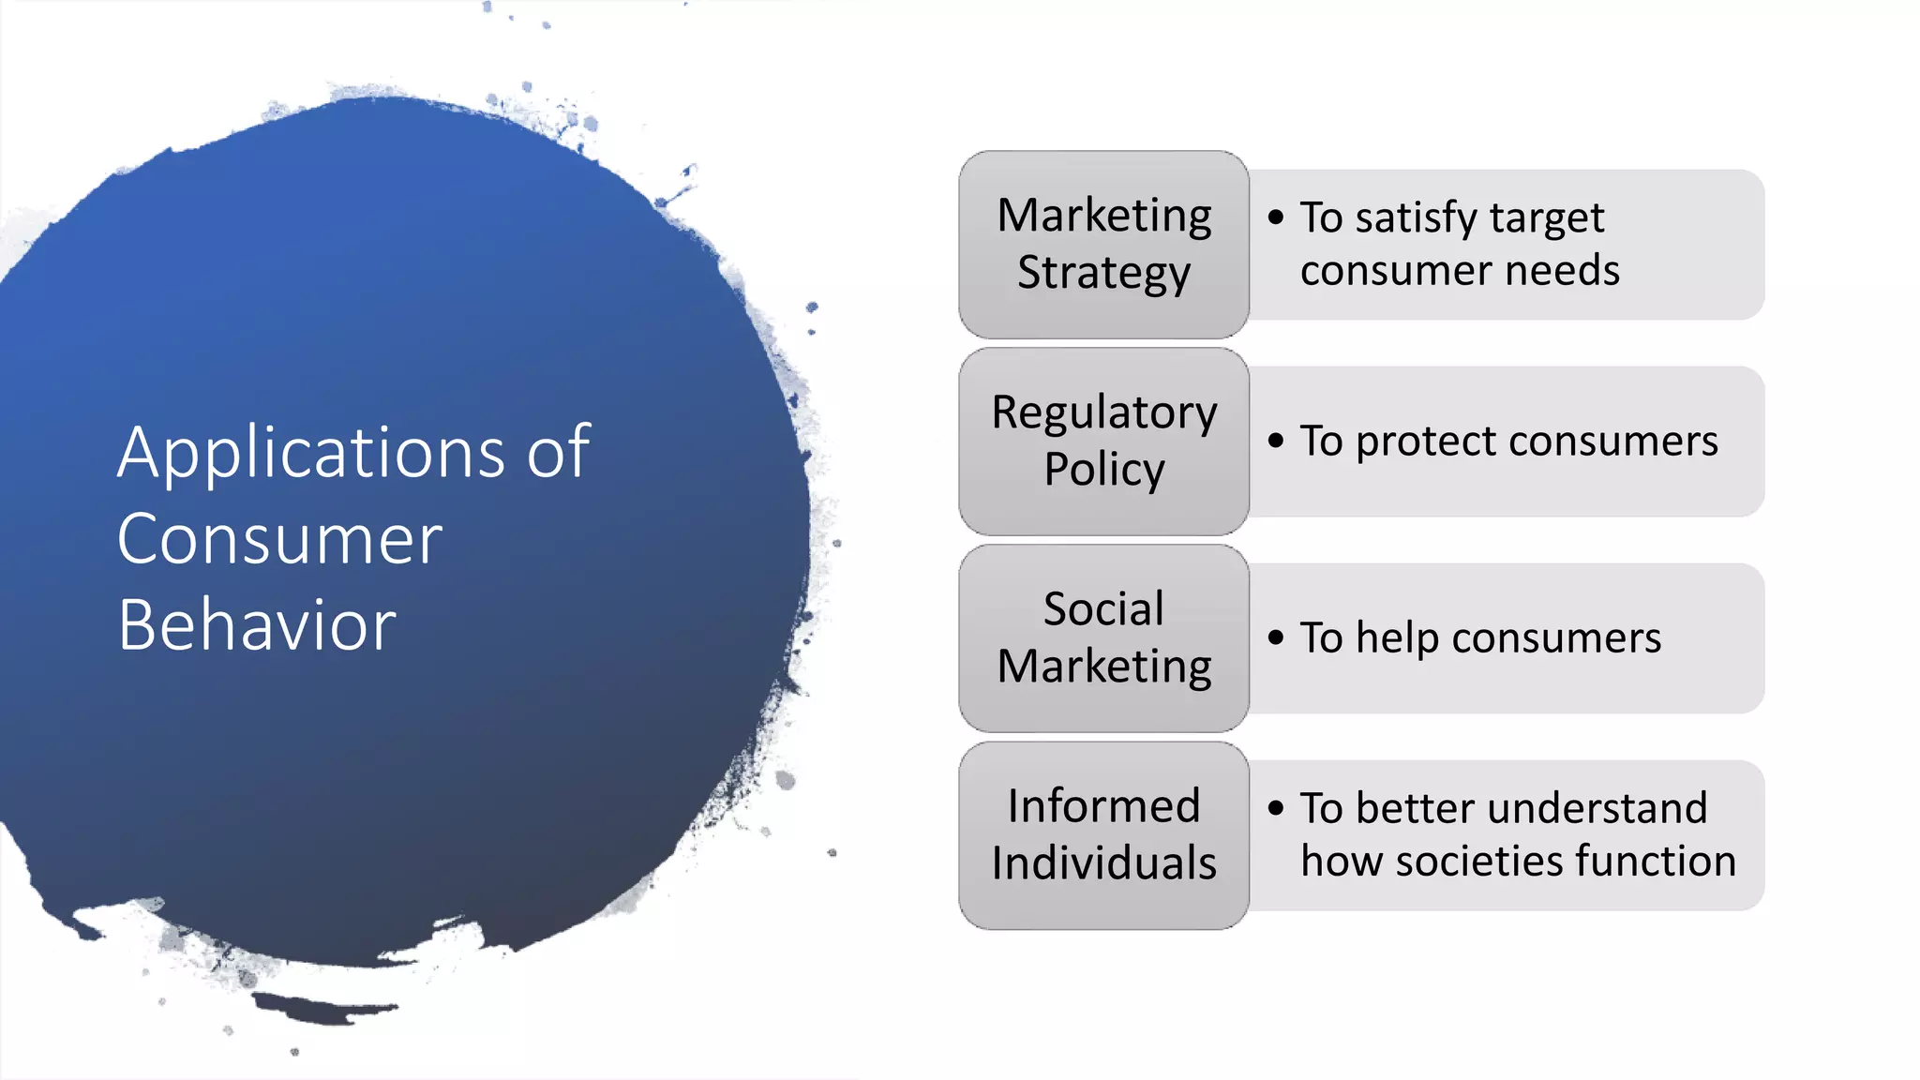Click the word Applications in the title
coord(311,453)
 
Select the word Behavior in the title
coord(257,625)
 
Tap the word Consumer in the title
coord(279,540)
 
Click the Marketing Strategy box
coord(1103,244)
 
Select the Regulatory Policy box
coord(1103,441)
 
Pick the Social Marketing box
coord(1103,637)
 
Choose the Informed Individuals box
coord(1103,834)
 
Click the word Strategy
coord(1103,274)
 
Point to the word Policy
coord(1103,470)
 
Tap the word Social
coord(1103,609)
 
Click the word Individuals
coord(1103,862)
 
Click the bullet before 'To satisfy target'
coord(1275,217)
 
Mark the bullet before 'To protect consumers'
coord(1275,440)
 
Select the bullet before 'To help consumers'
coord(1275,637)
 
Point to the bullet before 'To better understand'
coord(1275,807)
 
